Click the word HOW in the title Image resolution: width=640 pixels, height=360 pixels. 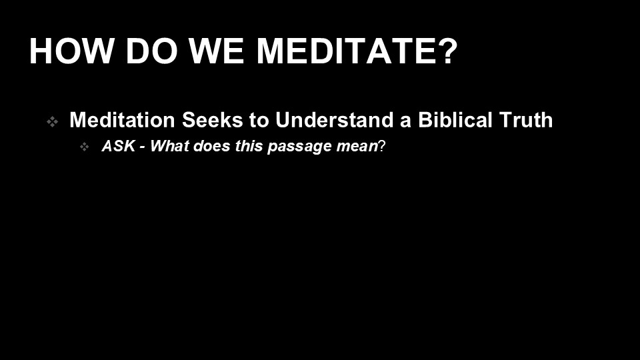coord(71,51)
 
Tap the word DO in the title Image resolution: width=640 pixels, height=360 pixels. coord(151,51)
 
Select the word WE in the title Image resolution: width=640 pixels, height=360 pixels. coord(216,51)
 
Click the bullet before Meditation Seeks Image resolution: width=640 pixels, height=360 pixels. coord(52,121)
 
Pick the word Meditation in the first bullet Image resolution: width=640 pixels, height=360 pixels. coord(122,120)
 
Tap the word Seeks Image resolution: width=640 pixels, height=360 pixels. coord(212,120)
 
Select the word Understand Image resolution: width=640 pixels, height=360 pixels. coord(334,120)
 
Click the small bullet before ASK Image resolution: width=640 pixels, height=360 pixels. coord(85,147)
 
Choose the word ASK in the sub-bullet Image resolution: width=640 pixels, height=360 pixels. coord(119,146)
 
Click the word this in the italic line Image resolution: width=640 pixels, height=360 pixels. coord(249,146)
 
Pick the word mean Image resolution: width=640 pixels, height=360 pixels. coord(357,147)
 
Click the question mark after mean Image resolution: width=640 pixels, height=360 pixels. coord(382,146)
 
